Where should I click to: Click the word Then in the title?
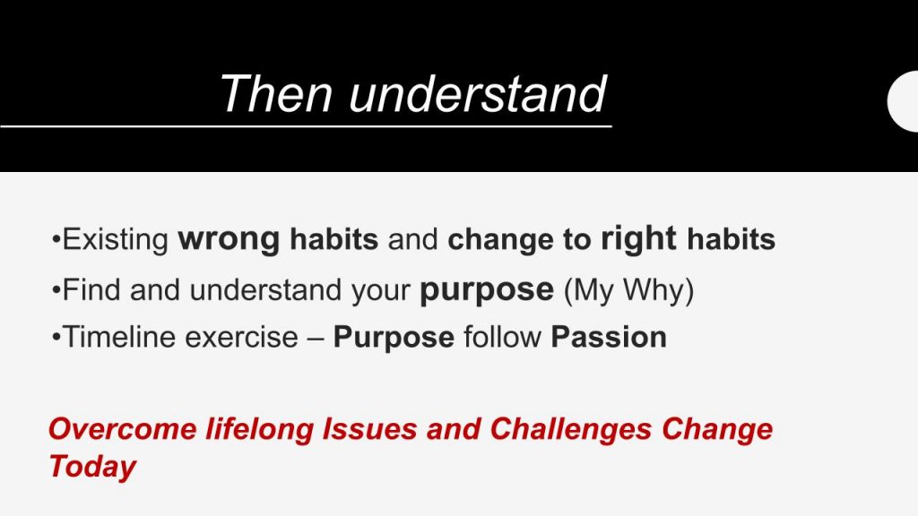click(x=277, y=93)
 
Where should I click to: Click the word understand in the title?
click(x=477, y=93)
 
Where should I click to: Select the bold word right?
click(x=638, y=239)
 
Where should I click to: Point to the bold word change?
click(x=500, y=239)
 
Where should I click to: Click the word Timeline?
click(x=119, y=337)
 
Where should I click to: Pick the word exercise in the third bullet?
click(x=241, y=337)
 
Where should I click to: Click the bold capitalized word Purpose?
click(x=394, y=338)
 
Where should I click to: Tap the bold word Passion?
click(x=609, y=337)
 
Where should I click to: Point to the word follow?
click(x=502, y=337)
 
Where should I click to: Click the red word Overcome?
click(x=123, y=429)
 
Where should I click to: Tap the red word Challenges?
click(x=571, y=429)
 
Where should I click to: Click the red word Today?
click(x=92, y=467)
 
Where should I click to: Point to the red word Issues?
click(x=370, y=429)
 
